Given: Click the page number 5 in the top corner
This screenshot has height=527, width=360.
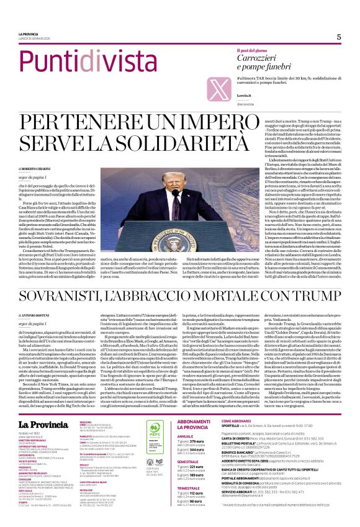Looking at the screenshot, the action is (x=339, y=37).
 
